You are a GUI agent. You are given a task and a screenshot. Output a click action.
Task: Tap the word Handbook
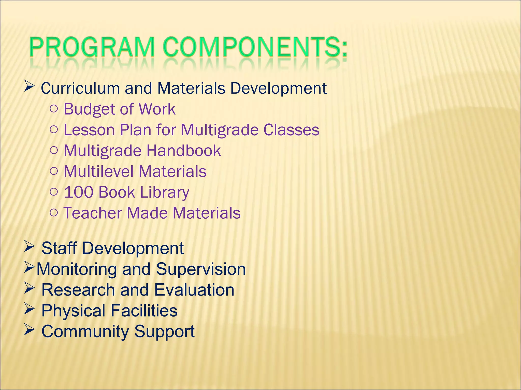pyautogui.click(x=183, y=151)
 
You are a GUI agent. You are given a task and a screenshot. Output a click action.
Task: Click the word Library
pyautogui.click(x=164, y=192)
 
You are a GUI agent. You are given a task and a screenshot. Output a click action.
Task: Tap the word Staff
pyautogui.click(x=59, y=248)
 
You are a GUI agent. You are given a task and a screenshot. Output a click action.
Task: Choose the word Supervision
pyautogui.click(x=201, y=269)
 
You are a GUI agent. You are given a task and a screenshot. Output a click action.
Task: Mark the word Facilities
pyautogui.click(x=144, y=311)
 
